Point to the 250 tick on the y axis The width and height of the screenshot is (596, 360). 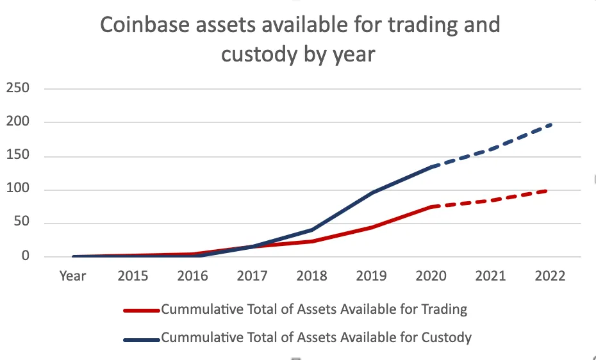point(18,88)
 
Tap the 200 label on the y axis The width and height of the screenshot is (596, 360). point(18,122)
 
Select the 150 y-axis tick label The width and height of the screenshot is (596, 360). point(18,156)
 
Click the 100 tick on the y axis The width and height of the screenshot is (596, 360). point(18,190)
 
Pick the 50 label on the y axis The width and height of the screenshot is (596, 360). point(21,224)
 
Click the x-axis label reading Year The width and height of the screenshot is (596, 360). point(72,275)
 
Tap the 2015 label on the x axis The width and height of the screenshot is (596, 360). point(133,275)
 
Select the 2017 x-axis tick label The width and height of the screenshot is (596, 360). point(253,275)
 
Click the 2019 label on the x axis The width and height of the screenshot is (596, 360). point(372,275)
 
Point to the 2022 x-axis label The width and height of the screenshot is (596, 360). point(550,275)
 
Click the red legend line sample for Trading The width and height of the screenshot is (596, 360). point(141,311)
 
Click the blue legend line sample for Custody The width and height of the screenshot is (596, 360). point(141,338)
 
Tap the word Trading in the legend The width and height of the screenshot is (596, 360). point(445,309)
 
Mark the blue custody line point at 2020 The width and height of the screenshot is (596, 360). point(431,167)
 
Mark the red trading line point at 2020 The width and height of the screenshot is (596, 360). point(431,207)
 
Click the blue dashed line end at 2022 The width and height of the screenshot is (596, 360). point(550,125)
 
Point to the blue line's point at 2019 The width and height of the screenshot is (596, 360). point(372,192)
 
